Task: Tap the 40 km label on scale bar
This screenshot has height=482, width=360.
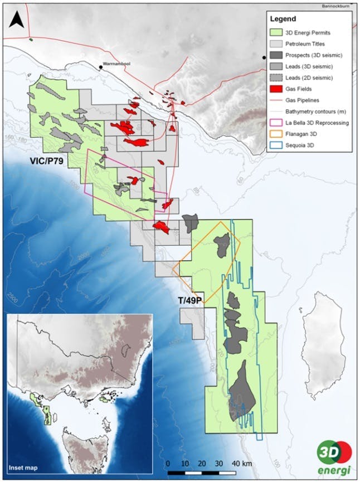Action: (237, 464)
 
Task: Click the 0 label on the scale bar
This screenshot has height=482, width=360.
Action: (168, 464)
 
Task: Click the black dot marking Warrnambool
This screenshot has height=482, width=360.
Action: (100, 67)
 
